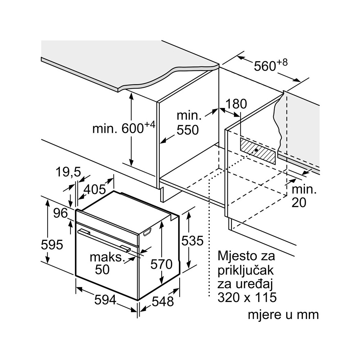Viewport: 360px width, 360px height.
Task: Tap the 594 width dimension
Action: tap(105, 300)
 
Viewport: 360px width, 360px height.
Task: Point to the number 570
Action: tap(161, 265)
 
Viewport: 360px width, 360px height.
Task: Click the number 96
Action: tap(60, 213)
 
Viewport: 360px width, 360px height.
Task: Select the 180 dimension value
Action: tap(236, 104)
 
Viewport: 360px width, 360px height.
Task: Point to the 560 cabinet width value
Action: tap(265, 66)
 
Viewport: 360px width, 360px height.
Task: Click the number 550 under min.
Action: tap(188, 130)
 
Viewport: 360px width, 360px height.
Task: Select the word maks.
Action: tap(107, 257)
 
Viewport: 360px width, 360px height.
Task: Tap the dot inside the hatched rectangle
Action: tap(256, 149)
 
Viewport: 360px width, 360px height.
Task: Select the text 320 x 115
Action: tap(247, 297)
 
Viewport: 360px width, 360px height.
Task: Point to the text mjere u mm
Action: tap(283, 314)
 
